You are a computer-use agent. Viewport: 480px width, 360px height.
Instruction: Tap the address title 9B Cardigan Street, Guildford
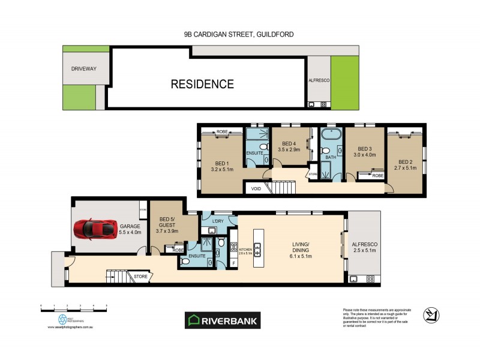239,35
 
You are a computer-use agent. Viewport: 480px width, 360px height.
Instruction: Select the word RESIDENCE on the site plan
202,84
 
